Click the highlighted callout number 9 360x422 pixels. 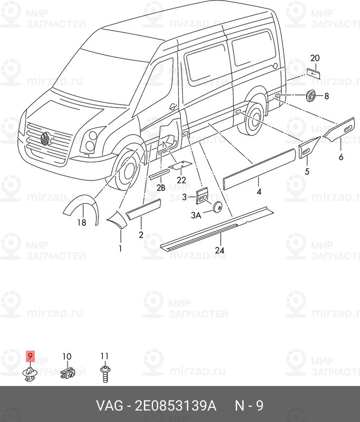click(30, 357)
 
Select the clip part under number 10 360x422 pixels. click(68, 373)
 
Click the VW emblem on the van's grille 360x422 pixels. click(44, 139)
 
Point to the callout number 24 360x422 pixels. click(219, 250)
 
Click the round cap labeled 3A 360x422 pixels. click(217, 207)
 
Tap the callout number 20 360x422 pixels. click(315, 58)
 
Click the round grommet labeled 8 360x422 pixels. click(311, 95)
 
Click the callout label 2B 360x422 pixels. click(161, 188)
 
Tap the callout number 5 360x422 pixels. click(307, 171)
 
